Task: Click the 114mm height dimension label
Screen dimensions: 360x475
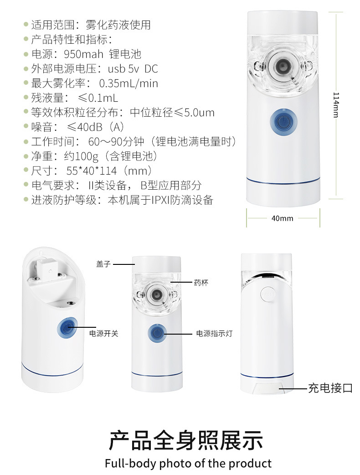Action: click(336, 105)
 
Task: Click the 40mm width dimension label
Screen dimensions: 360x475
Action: click(282, 218)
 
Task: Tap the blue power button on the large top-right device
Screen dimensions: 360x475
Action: click(283, 122)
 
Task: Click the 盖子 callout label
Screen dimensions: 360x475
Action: click(103, 264)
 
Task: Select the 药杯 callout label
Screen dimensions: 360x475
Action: click(201, 283)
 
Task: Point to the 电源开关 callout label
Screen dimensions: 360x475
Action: click(103, 333)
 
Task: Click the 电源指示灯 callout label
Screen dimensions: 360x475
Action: click(214, 333)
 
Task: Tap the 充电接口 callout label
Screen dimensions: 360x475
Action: click(330, 388)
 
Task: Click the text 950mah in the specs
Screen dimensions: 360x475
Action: click(83, 54)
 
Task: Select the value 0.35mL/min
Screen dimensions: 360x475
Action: click(129, 83)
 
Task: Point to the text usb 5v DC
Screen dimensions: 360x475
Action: click(133, 69)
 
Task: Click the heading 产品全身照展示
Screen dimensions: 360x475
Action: click(186, 440)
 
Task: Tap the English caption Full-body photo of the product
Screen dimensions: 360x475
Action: click(188, 464)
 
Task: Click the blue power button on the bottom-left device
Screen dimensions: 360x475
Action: click(67, 328)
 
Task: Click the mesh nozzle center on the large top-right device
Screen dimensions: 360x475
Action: click(283, 65)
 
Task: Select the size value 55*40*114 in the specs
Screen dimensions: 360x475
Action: click(92, 171)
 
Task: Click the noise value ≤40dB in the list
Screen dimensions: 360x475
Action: click(85, 127)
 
